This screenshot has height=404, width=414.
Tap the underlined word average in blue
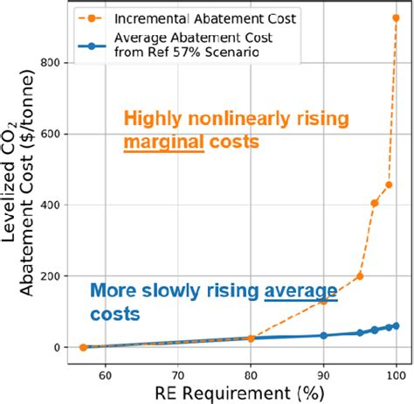click(300, 292)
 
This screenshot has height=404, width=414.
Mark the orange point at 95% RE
click(360, 276)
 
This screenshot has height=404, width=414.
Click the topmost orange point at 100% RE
click(396, 18)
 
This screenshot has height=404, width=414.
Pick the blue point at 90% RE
click(323, 336)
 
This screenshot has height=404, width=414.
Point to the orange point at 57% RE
click(83, 347)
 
